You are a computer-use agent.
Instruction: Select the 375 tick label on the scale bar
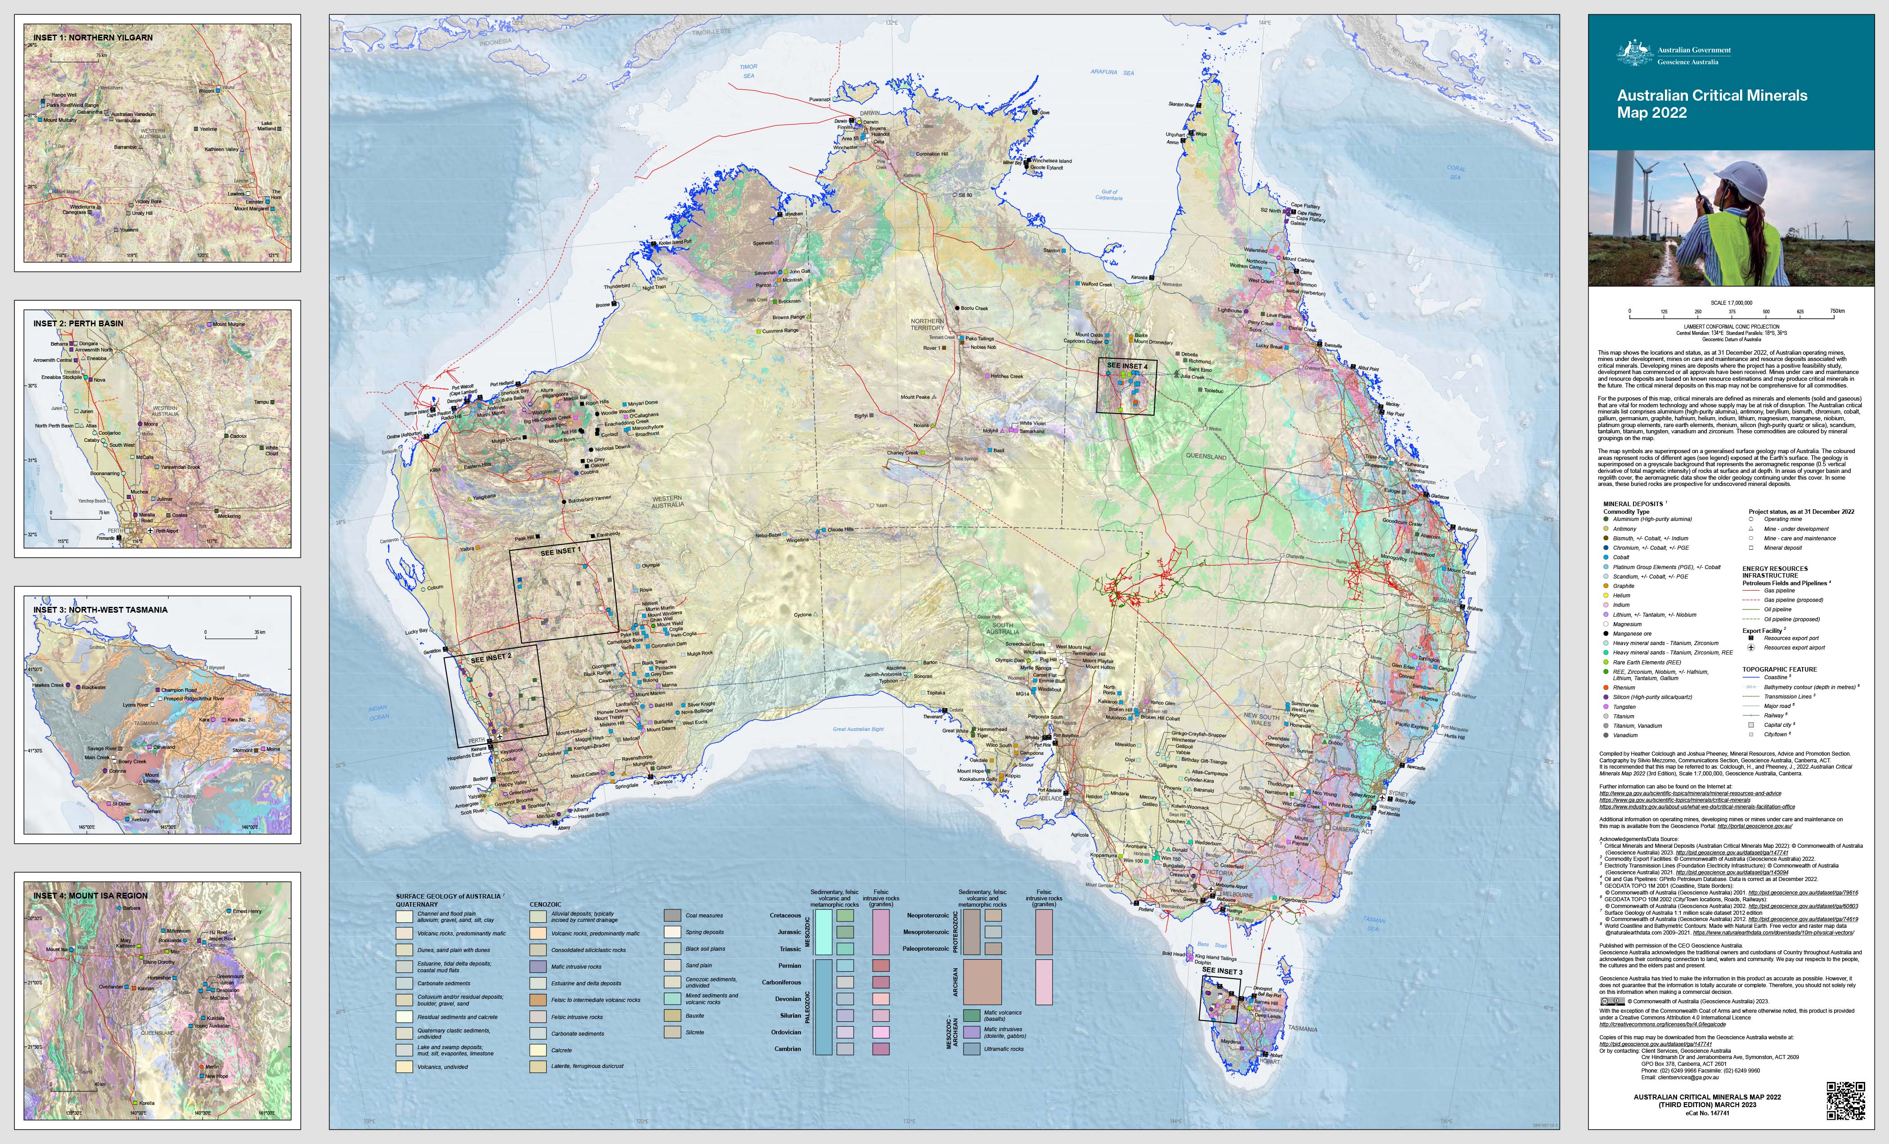click(1732, 312)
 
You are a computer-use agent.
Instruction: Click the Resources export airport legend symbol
click(1751, 647)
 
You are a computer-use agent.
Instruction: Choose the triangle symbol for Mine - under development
click(1751, 529)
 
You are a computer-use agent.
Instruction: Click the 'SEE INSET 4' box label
click(1127, 366)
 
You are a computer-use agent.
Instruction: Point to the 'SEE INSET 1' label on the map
click(561, 552)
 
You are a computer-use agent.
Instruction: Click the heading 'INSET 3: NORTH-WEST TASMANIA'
click(100, 610)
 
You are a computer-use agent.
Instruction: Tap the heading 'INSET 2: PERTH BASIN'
click(78, 323)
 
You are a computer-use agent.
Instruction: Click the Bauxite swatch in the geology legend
click(673, 1015)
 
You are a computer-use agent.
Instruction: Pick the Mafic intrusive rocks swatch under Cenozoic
click(538, 967)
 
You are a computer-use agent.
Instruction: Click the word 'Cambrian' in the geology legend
click(787, 1049)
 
